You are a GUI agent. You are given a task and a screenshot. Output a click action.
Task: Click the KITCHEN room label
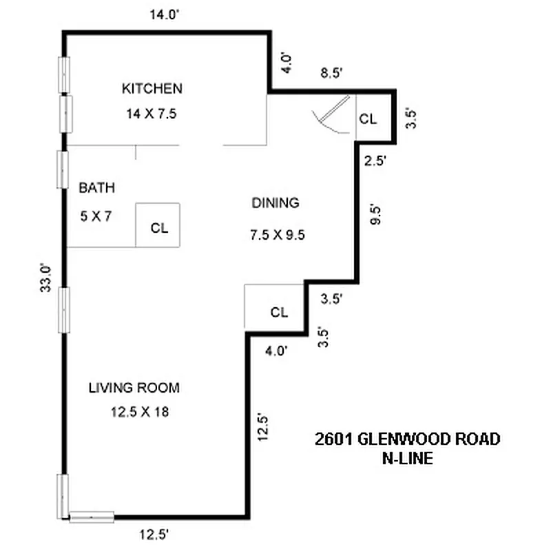[x=152, y=88]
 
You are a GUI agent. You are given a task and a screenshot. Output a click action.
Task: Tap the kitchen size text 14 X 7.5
[x=152, y=114]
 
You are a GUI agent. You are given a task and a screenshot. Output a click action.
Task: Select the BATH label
[x=96, y=187]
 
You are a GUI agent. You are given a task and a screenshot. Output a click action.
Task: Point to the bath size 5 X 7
[x=95, y=216]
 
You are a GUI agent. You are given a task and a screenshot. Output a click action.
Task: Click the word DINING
[x=275, y=202]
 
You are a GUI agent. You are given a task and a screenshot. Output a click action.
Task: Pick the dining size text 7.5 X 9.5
[x=277, y=235]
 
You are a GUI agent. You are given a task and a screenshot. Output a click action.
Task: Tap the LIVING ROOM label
[x=134, y=388]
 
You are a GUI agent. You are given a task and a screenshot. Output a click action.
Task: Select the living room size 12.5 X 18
[x=140, y=413]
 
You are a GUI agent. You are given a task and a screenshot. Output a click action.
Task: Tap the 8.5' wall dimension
[x=329, y=74]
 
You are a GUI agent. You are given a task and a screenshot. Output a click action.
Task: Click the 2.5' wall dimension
[x=374, y=161]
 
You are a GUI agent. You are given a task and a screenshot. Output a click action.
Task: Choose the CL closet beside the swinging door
[x=368, y=118]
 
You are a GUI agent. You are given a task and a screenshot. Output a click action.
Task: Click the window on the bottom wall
[x=91, y=516]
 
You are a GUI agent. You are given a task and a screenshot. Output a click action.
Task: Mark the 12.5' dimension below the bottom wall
[x=152, y=534]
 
